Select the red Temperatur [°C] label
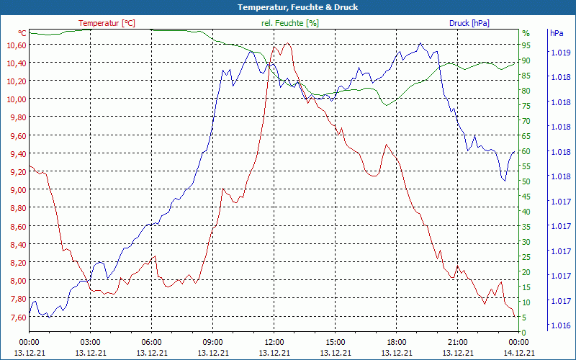pos(107,23)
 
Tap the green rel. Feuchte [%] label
pos(289,23)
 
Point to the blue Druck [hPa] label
pos(469,23)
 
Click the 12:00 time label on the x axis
pos(274,342)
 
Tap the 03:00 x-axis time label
pos(91,342)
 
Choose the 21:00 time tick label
pos(458,342)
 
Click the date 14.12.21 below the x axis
pos(519,353)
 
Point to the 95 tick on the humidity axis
pos(526,45)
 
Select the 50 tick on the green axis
pos(526,181)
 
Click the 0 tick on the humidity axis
pos(524,333)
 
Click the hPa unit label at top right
pos(557,33)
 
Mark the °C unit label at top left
pos(22,33)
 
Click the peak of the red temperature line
pos(287,43)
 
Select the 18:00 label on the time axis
pos(397,342)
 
